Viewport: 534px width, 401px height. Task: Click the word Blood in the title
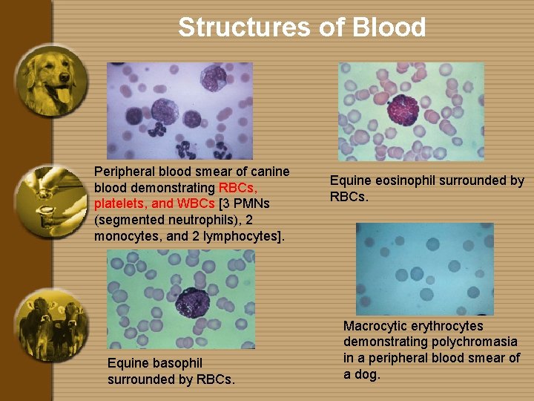click(389, 27)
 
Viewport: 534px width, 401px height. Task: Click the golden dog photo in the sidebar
click(52, 80)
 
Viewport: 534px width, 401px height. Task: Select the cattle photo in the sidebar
click(52, 325)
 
